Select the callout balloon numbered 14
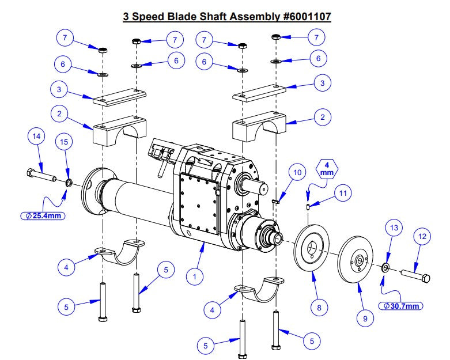tap(36, 137)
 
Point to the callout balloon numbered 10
tap(297, 173)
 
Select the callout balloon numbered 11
tap(343, 193)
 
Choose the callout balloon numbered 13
tap(394, 229)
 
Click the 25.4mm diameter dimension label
tap(41, 217)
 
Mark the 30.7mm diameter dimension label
tap(400, 305)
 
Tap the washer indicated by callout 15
tap(68, 183)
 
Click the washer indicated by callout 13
tap(384, 267)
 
